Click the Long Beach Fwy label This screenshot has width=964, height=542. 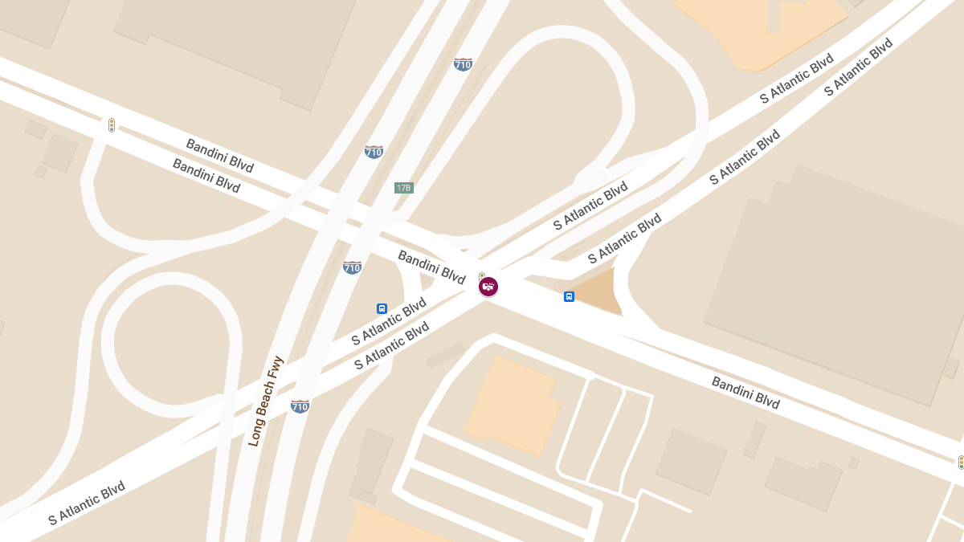click(x=267, y=401)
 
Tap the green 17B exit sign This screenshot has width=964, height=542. click(x=403, y=188)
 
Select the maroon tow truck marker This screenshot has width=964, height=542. click(x=488, y=286)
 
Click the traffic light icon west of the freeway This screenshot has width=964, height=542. click(x=112, y=124)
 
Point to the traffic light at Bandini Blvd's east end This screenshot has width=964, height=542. click(x=960, y=463)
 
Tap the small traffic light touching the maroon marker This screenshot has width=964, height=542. click(x=482, y=276)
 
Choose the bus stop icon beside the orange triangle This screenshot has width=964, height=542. click(x=569, y=296)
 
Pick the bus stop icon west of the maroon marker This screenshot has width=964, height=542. click(x=382, y=308)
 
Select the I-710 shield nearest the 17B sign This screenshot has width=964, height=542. click(x=374, y=151)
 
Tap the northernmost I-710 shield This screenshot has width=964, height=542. click(x=463, y=64)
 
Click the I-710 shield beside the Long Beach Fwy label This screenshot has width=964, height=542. click(x=300, y=406)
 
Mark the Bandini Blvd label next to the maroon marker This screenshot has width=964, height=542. click(x=431, y=267)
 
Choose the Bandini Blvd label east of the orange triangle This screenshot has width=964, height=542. click(x=745, y=392)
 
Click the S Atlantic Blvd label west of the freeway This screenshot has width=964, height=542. click(x=86, y=503)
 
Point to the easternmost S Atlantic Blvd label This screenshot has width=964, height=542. click(x=859, y=67)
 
